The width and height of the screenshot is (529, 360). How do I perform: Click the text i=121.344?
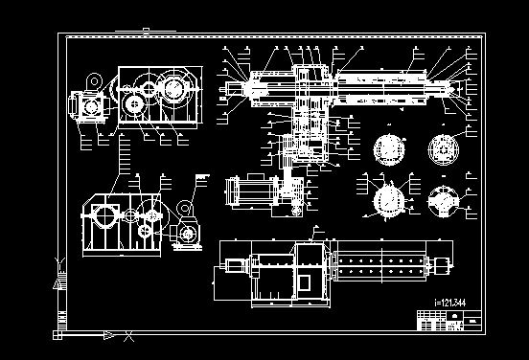[x=453, y=304]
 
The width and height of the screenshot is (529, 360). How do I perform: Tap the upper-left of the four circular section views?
[x=388, y=149]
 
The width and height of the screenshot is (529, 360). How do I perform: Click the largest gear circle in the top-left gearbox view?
[x=173, y=93]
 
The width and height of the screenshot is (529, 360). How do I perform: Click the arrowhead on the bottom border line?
[x=110, y=336]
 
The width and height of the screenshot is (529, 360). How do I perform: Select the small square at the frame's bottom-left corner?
[x=58, y=335]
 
